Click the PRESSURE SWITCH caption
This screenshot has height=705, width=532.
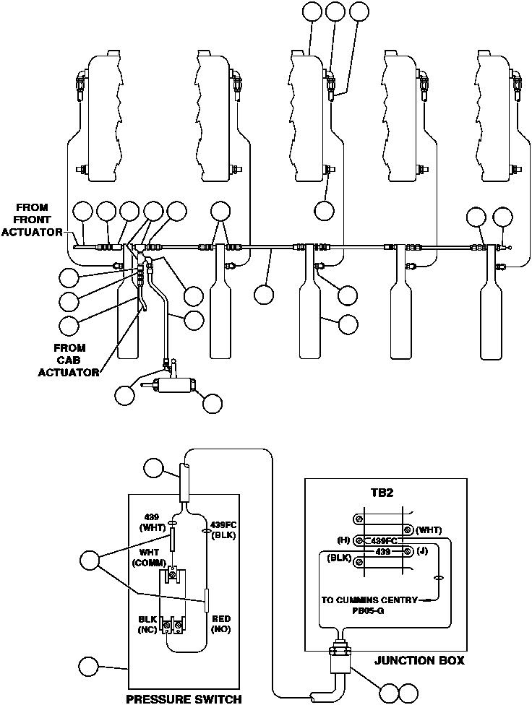click(x=183, y=698)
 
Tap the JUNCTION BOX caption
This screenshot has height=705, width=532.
click(x=419, y=660)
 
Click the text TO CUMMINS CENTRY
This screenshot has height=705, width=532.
click(x=369, y=600)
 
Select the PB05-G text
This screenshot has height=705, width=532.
click(x=369, y=610)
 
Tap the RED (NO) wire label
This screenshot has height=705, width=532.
click(x=220, y=624)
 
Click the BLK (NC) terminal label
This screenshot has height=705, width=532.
click(x=148, y=624)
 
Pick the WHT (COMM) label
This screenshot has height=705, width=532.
click(x=153, y=558)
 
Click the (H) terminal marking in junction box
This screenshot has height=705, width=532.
click(x=344, y=540)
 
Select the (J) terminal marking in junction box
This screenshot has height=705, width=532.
click(x=422, y=552)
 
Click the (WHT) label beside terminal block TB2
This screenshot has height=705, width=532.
click(x=429, y=530)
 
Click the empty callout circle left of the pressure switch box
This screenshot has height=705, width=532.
click(x=90, y=667)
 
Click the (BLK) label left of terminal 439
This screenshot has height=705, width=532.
click(x=338, y=558)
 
